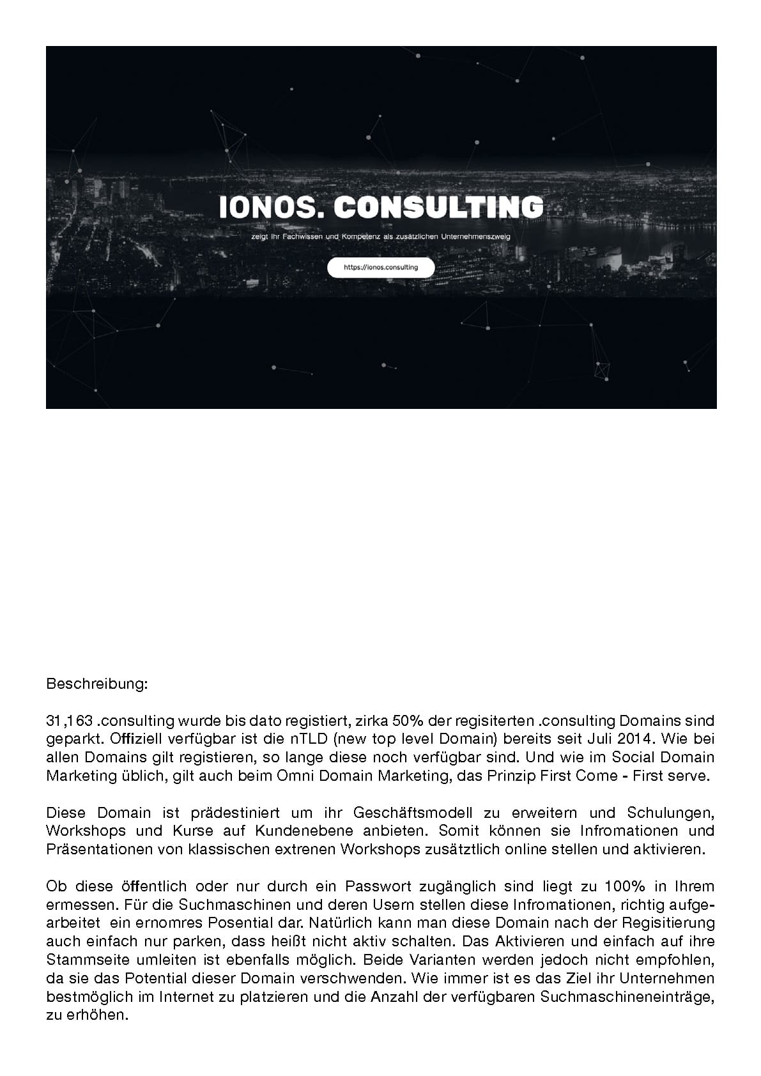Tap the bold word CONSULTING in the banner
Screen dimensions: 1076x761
pyautogui.click(x=438, y=207)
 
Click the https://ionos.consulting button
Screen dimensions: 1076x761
pyautogui.click(x=381, y=268)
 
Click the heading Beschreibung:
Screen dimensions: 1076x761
pyautogui.click(x=97, y=684)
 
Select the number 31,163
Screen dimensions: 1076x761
pyautogui.click(x=70, y=721)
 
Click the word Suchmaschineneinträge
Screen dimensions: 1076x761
pyautogui.click(x=626, y=997)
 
